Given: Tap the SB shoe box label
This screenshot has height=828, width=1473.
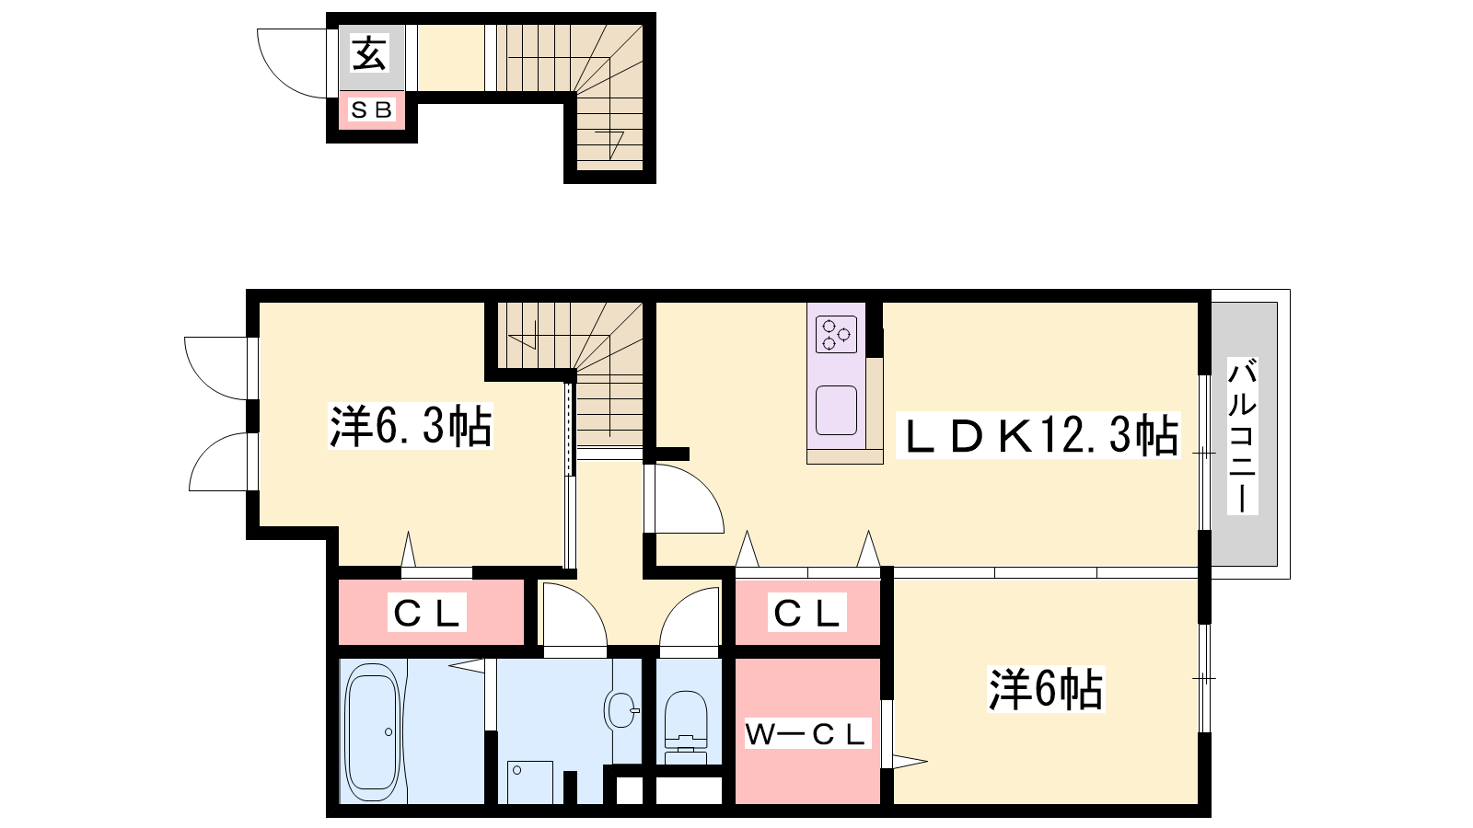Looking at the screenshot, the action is point(372,109).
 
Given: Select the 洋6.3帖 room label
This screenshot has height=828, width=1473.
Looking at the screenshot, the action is point(411,427).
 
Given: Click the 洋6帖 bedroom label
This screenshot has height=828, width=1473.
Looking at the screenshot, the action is point(1046,689).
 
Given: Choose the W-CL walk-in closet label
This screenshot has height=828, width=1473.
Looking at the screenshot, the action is point(806,733).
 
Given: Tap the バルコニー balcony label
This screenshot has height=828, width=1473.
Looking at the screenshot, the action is point(1242,435).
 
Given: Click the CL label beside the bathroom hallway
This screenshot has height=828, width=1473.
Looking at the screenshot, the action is point(426,614).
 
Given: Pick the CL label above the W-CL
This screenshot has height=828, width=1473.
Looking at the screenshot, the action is point(806,613).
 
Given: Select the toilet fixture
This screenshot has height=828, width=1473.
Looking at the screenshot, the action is point(686,728).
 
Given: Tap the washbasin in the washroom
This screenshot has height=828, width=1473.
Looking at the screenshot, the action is point(621,709).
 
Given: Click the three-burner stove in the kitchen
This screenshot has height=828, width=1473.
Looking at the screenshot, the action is point(837,334).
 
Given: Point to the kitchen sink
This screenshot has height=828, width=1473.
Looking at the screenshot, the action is point(837,410).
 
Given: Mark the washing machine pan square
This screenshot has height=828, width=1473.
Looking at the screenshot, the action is point(530,782).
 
